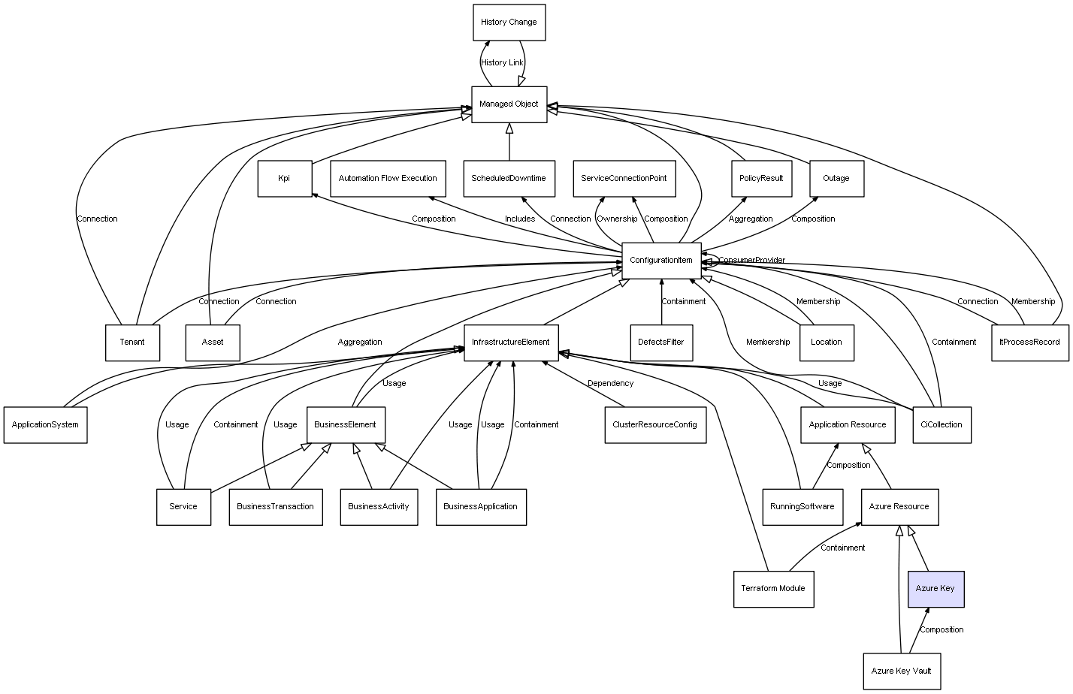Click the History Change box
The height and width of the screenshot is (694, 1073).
(509, 23)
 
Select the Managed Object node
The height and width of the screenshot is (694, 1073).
(509, 104)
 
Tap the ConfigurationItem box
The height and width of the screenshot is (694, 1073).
(661, 261)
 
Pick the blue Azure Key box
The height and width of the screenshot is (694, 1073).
(935, 589)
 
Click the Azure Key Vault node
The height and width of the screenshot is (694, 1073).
(901, 671)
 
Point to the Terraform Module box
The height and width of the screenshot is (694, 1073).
(773, 589)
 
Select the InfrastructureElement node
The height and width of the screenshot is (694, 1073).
(511, 342)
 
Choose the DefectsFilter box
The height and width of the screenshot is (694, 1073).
(661, 342)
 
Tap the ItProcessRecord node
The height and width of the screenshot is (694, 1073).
(1029, 342)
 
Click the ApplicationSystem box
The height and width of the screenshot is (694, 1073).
(45, 425)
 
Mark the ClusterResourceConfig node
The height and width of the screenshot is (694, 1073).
(655, 425)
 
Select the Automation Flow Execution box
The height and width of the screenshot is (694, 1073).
(388, 179)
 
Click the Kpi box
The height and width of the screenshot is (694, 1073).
(284, 179)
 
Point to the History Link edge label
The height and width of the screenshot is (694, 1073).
(502, 63)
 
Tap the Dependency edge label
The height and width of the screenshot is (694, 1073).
(610, 384)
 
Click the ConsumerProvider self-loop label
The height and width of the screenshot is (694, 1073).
(751, 261)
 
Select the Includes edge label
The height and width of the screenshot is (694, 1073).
(520, 219)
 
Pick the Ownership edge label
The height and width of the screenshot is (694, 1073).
(617, 219)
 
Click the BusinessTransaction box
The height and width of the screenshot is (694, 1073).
(276, 507)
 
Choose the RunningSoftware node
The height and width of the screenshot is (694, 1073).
(802, 507)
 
